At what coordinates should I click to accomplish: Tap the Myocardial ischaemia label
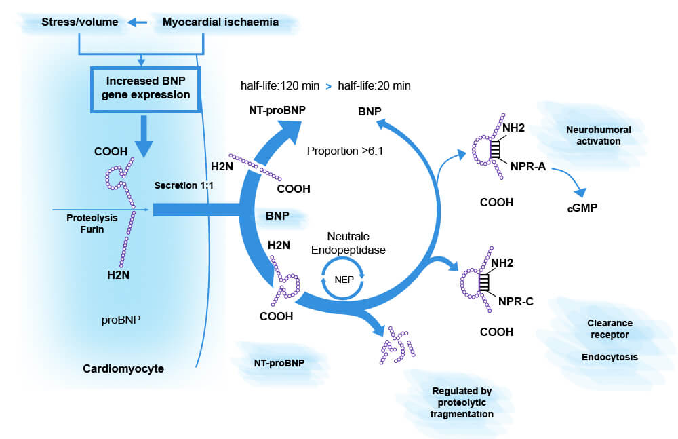220,22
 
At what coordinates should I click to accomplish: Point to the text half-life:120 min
279,86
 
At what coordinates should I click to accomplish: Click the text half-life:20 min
374,86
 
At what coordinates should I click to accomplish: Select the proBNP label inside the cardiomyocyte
120,318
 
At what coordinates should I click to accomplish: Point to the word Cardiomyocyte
123,369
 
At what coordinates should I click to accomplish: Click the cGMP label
582,208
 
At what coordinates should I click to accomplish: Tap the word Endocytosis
609,357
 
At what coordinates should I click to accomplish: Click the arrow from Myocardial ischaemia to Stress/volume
138,23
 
